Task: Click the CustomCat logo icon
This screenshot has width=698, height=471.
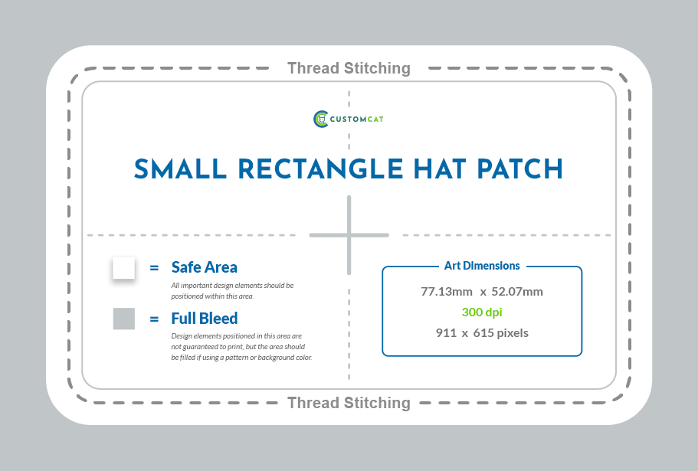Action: coord(321,119)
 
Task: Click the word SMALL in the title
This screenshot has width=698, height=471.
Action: coord(180,169)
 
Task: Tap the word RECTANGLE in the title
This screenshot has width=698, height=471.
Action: coord(320,169)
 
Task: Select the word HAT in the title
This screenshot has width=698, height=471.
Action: coord(439,169)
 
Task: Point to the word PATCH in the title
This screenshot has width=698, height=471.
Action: coord(519,169)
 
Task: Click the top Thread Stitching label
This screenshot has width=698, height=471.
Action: coord(349,68)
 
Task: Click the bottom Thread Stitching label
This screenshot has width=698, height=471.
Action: coord(349,403)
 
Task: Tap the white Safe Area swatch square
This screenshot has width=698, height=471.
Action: coord(124,268)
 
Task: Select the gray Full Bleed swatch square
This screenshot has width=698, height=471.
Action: coord(124,319)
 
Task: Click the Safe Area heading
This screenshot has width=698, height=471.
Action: coord(205,267)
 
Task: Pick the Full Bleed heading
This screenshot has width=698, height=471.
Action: coord(205,319)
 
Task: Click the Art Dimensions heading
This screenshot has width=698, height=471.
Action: coord(482,266)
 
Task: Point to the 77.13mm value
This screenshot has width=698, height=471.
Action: coord(447,292)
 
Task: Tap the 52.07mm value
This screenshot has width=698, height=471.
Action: coord(517,292)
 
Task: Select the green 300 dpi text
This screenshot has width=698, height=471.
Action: coord(482,312)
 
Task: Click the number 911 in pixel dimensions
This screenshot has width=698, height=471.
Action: coord(446,333)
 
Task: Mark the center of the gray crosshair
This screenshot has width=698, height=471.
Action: coord(349,235)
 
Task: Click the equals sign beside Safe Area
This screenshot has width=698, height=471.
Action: coord(154,268)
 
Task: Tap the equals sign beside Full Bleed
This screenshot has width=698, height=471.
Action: coord(154,319)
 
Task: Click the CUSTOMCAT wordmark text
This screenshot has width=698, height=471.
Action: coord(356,119)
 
